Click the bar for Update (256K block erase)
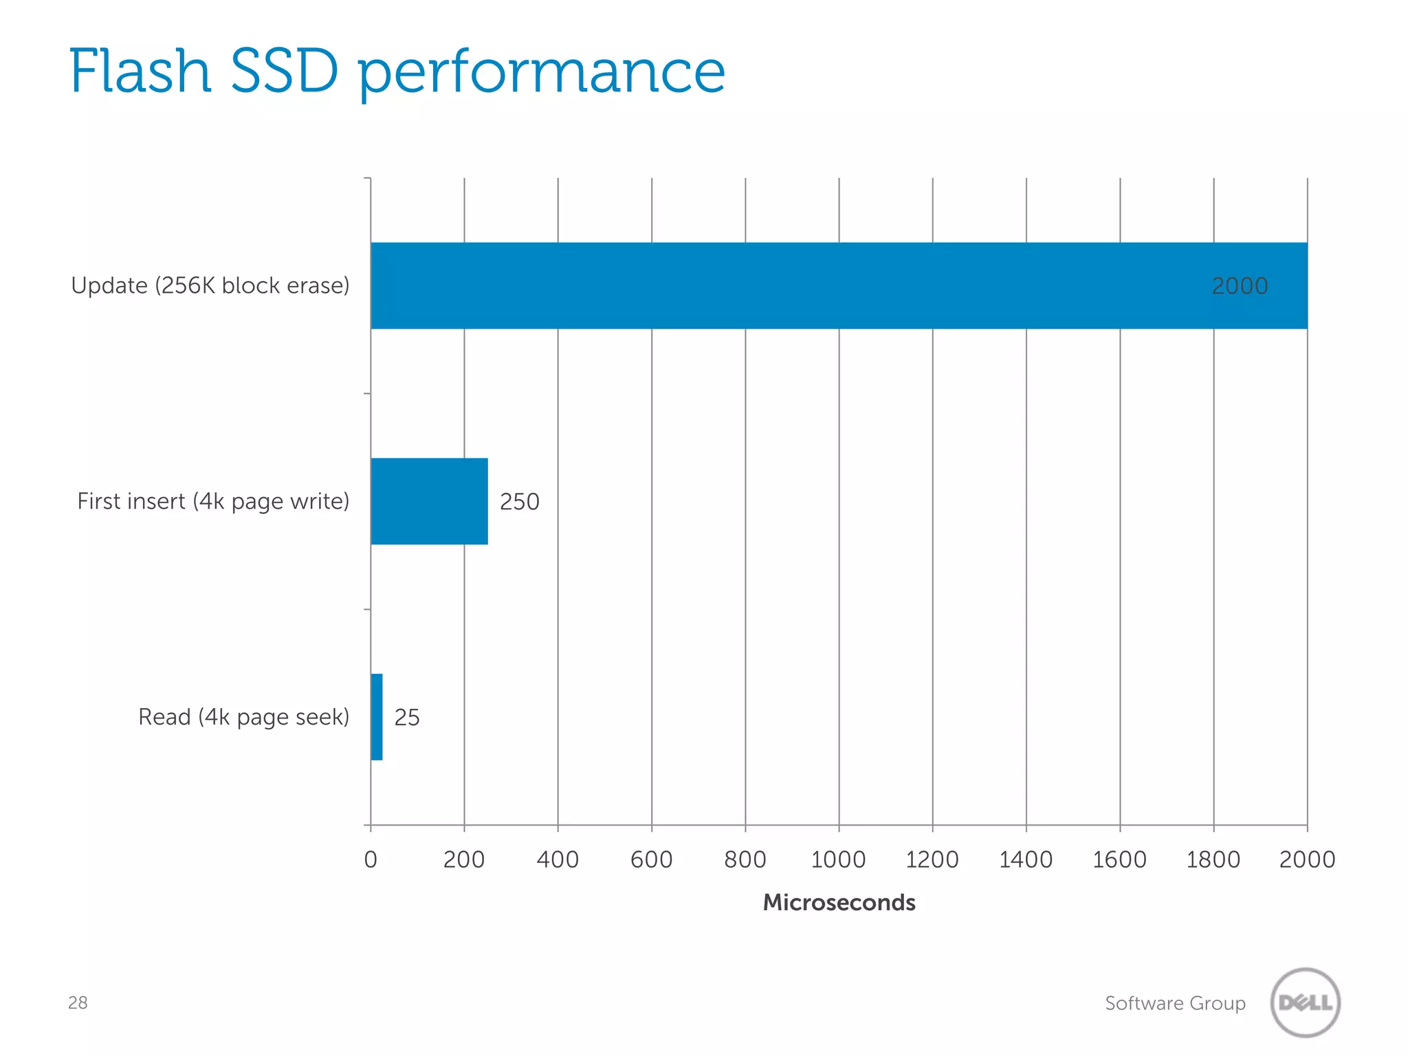[791, 285]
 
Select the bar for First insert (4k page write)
[429, 501]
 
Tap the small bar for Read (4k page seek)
[377, 717]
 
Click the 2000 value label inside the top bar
[1239, 286]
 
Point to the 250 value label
[519, 502]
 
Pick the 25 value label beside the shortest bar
[406, 718]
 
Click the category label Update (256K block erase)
[210, 285]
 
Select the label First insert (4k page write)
[213, 501]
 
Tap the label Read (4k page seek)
[243, 717]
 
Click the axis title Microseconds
[839, 902]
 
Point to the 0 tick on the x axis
[371, 859]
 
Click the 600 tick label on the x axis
[651, 859]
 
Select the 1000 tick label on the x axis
[838, 859]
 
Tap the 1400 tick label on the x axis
[1026, 859]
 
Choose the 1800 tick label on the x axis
[1213, 859]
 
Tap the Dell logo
[1305, 1002]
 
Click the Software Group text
[1175, 1003]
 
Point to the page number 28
[78, 1002]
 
